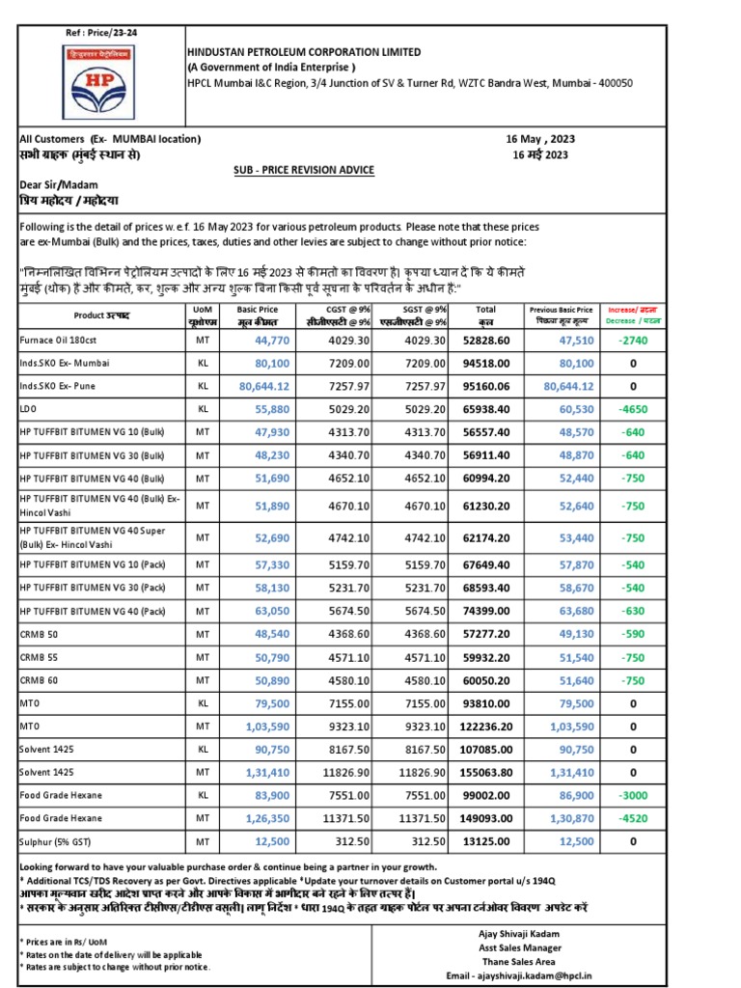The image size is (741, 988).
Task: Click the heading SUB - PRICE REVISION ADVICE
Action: (304, 170)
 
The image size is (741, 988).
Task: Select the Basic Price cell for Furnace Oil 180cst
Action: (271, 341)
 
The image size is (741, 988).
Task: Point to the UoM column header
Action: (204, 316)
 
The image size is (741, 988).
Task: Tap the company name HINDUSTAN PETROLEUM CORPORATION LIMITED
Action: (303, 51)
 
